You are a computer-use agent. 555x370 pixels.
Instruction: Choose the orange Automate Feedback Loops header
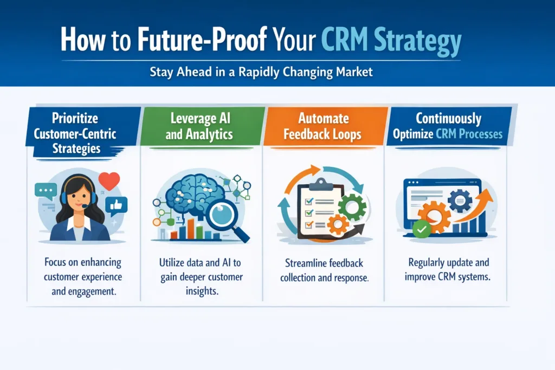tap(324, 126)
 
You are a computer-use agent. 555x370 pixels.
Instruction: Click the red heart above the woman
tap(109, 181)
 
